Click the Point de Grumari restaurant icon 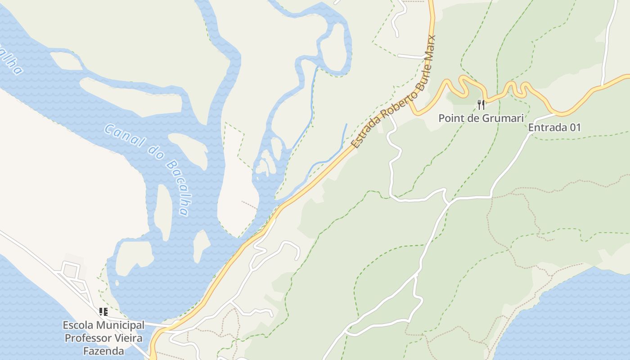pyautogui.click(x=481, y=105)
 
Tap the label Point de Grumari pyautogui.click(x=481, y=118)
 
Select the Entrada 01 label pyautogui.click(x=554, y=127)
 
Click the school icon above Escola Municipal pyautogui.click(x=103, y=311)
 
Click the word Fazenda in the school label pyautogui.click(x=103, y=351)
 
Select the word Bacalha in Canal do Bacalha pyautogui.click(x=178, y=187)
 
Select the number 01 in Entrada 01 pyautogui.click(x=575, y=127)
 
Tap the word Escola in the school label pyautogui.click(x=76, y=325)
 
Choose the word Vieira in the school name pyautogui.click(x=129, y=338)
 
